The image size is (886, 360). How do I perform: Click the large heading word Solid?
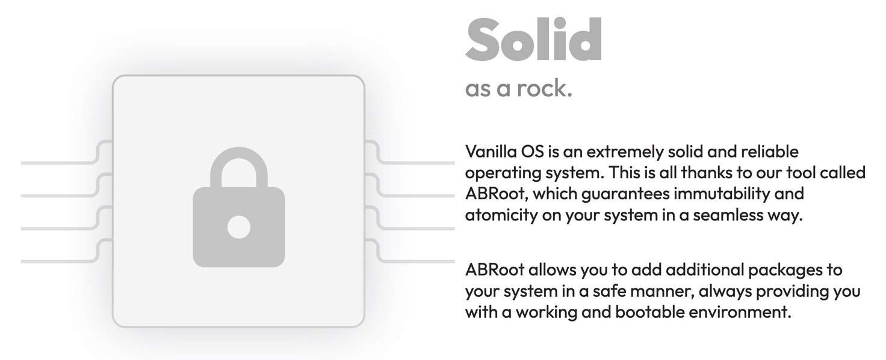click(533, 40)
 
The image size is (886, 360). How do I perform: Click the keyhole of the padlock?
click(238, 227)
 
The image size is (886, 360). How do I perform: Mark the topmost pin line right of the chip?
click(421, 163)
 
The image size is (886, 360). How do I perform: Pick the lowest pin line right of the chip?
click(421, 261)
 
